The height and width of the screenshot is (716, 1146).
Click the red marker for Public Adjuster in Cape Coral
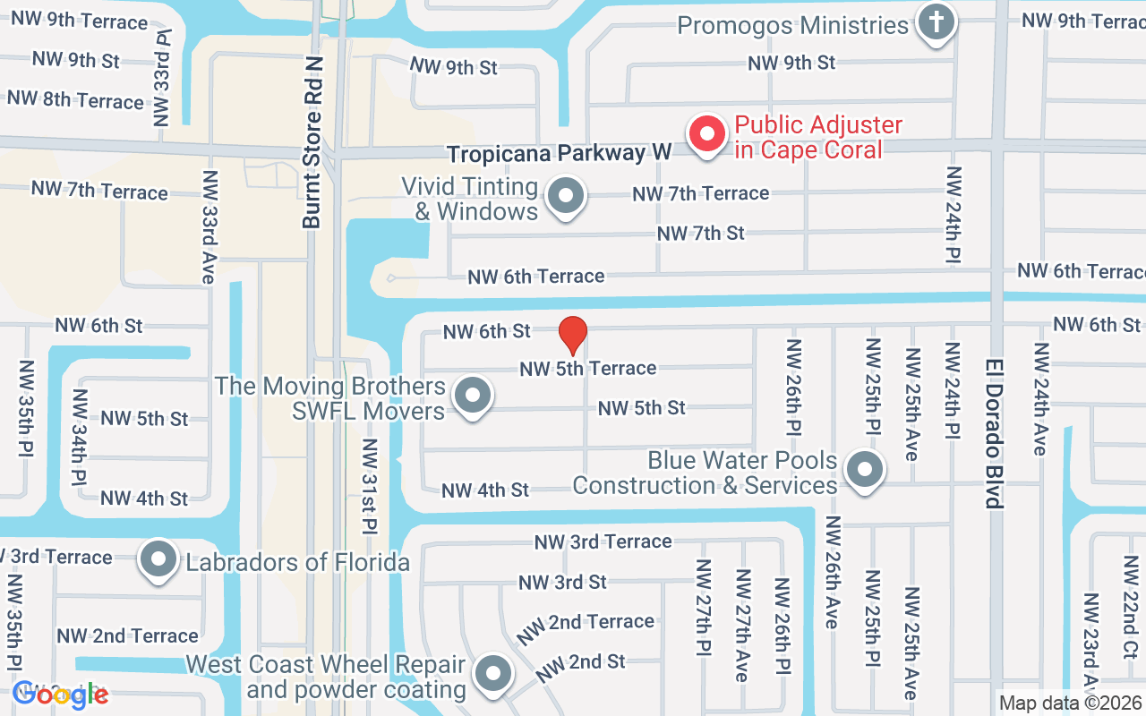706,135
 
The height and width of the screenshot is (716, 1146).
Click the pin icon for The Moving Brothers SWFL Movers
472,395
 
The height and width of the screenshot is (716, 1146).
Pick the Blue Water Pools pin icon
864,468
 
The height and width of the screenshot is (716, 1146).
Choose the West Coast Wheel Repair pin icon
492,673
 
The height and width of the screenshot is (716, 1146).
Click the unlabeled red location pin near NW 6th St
572,336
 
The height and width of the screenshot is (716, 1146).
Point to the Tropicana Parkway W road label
559,154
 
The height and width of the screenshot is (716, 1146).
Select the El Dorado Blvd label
994,433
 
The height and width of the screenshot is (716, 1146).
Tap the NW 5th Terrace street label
588,368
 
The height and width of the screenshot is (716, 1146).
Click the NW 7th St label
700,234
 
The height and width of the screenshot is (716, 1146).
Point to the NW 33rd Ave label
209,227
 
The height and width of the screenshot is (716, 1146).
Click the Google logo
60,695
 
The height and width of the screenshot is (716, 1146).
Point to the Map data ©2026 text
1070,703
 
